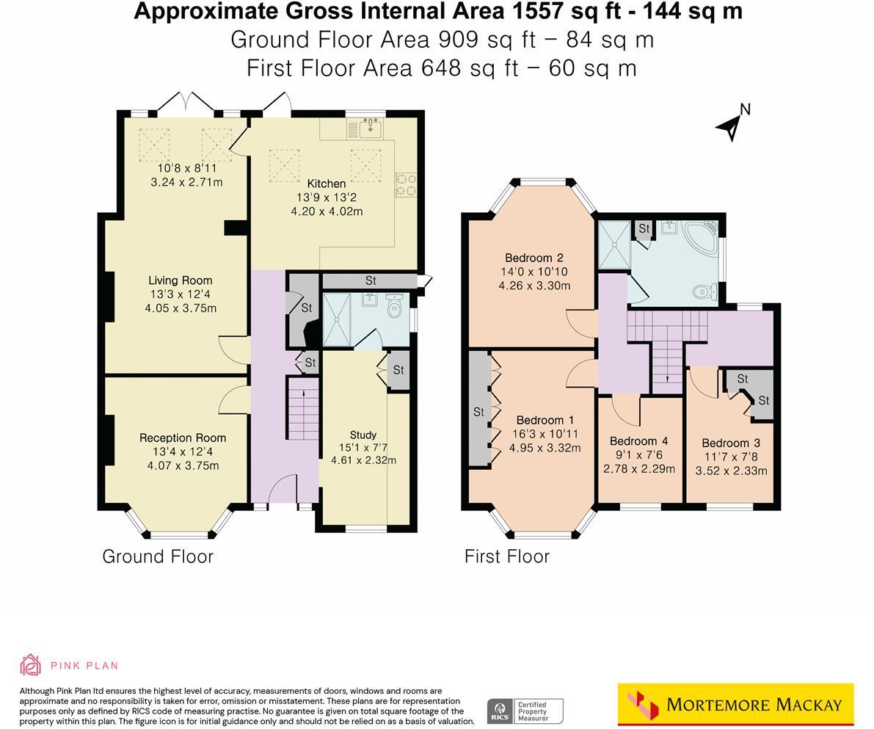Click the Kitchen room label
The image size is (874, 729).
point(327,184)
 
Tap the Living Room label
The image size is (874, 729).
point(180,280)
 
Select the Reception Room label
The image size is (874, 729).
point(183,438)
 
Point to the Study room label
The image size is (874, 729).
point(363,435)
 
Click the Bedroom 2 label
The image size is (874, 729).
point(533,258)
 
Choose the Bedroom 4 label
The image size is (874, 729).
point(638,441)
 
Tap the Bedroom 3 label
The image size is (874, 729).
point(731,443)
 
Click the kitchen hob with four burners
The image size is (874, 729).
point(405,184)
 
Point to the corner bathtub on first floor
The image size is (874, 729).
point(700,237)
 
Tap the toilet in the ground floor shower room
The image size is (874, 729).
point(395,305)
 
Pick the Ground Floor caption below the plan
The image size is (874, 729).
point(158,556)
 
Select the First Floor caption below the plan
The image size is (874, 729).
point(507,556)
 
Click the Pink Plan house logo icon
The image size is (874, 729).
point(30,665)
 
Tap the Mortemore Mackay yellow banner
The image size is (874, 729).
point(735,705)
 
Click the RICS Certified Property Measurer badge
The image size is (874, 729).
point(525,711)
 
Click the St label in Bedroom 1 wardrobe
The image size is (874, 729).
point(478,412)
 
